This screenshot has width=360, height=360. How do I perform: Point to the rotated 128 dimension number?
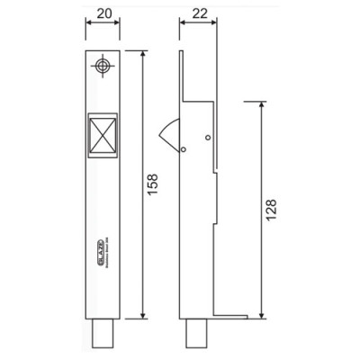coord(271,212)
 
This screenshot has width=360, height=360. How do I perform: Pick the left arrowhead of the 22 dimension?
coord(181,26)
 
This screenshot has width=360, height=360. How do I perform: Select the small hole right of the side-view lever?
coord(208,137)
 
